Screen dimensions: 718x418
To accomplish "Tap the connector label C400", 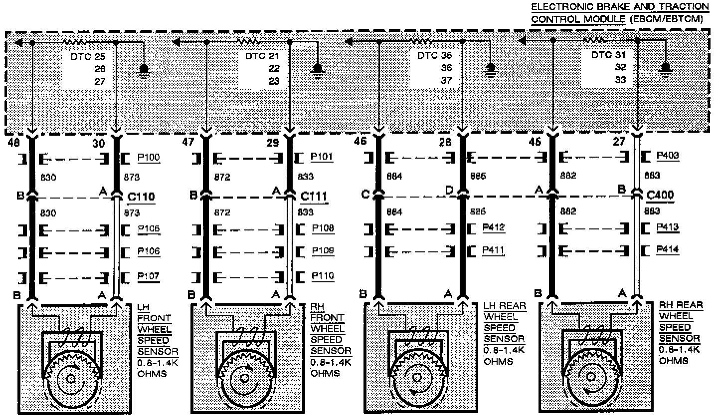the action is tap(660, 195).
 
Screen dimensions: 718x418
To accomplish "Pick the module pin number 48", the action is tap(14, 143).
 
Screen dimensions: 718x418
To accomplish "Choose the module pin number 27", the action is tap(619, 142).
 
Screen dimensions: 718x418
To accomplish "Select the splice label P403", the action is tap(668, 156).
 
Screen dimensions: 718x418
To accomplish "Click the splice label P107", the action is tap(149, 276).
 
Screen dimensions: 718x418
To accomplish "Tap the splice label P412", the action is tap(494, 228).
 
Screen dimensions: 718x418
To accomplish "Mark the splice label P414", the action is tap(668, 249).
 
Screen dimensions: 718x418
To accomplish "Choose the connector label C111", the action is tap(314, 197).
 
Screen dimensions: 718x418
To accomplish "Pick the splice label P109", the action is tap(323, 251).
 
